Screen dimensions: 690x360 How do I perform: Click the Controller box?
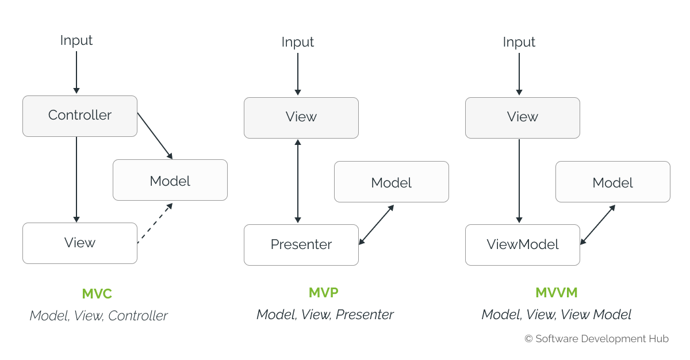pos(80,116)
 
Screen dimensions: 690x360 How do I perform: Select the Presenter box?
pos(301,245)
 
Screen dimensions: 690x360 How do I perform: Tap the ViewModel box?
pos(523,245)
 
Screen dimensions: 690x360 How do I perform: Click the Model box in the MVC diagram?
pos(170,180)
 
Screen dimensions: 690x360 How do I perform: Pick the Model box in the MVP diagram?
pos(392,182)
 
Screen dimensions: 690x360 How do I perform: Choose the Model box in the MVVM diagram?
pos(613,182)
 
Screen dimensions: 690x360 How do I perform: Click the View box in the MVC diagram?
pos(80,243)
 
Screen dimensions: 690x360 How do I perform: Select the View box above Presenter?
pos(301,118)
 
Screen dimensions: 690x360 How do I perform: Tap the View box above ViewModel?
pos(523,118)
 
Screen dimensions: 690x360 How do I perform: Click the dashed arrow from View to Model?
pos(155,223)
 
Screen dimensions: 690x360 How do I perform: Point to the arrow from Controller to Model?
pos(155,136)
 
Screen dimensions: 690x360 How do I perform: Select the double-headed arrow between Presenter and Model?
pos(377,225)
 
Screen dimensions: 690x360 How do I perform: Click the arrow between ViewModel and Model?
pos(597,225)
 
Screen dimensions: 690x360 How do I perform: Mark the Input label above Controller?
pos(76,40)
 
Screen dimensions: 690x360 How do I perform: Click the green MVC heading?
pos(97,293)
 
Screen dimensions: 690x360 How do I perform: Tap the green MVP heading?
pos(323,293)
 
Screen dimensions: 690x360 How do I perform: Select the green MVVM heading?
pos(557,293)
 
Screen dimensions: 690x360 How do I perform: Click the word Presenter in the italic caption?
pos(365,315)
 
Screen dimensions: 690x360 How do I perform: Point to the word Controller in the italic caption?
pos(137,316)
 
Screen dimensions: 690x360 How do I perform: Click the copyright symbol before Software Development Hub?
pos(528,339)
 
